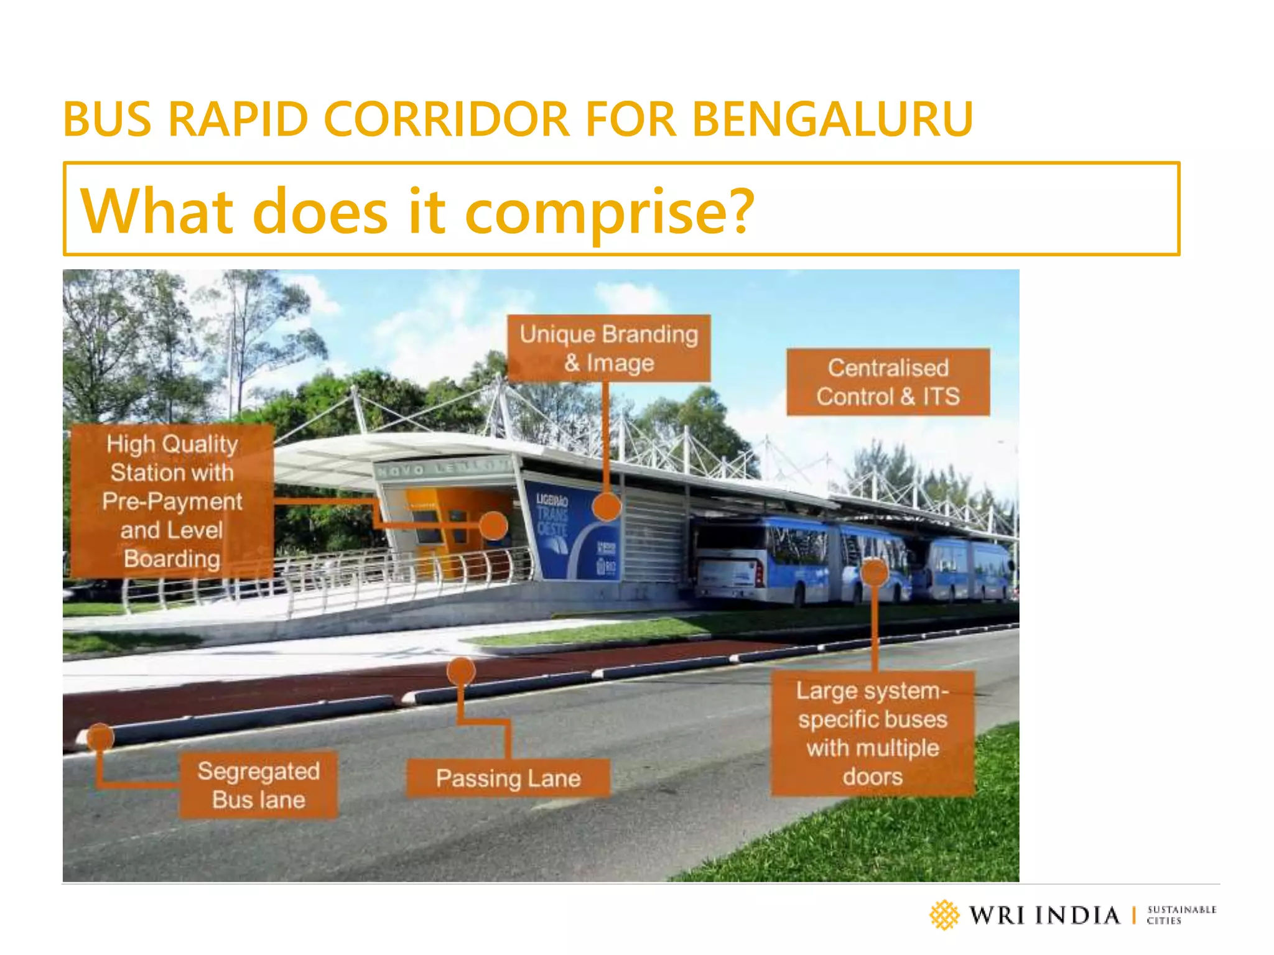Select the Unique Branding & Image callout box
[x=608, y=348]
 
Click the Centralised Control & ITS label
[x=888, y=382]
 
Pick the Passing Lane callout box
[x=508, y=778]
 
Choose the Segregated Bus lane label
[x=258, y=785]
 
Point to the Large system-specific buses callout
[x=872, y=733]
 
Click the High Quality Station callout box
[x=172, y=501]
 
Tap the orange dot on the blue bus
[x=874, y=572]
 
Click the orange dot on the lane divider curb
[x=100, y=737]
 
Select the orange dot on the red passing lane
[x=461, y=671]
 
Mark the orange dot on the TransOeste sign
[x=606, y=507]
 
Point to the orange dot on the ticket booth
[x=494, y=526]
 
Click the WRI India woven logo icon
[x=944, y=915]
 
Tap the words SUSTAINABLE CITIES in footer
[x=1181, y=915]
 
